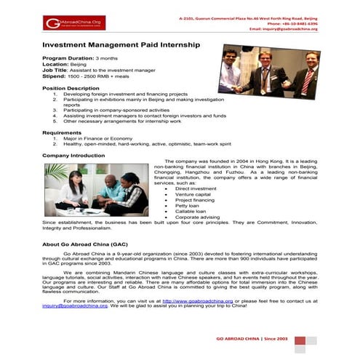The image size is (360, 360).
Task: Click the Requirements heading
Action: pos(62,133)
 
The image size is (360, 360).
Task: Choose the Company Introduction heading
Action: pos(73,155)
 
